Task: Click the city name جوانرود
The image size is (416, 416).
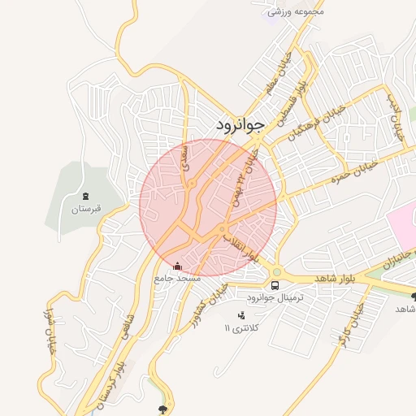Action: [x=241, y=125]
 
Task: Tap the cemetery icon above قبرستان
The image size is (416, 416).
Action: [x=85, y=196]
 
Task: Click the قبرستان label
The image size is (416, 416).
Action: [x=84, y=209]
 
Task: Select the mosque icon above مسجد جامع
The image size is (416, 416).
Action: [x=177, y=266]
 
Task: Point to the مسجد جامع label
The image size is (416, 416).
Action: [x=177, y=279]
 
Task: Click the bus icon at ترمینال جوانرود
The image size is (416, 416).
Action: [x=275, y=285]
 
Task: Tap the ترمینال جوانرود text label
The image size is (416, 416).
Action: [x=276, y=298]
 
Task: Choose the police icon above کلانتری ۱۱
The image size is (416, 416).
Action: [x=241, y=315]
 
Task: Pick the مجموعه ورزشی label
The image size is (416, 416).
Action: [x=297, y=11]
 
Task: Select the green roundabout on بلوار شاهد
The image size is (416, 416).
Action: [x=277, y=272]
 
